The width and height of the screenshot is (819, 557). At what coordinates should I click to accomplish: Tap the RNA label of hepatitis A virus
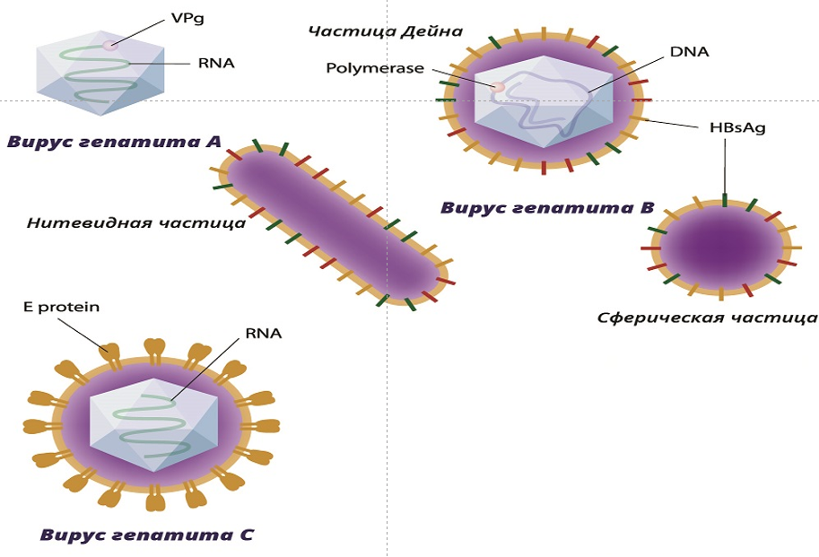(x=215, y=64)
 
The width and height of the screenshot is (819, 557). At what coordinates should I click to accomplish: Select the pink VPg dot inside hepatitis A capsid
(x=109, y=45)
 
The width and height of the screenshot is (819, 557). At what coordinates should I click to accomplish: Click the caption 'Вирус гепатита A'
(x=114, y=141)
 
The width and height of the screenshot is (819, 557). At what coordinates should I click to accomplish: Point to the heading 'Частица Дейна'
(x=385, y=31)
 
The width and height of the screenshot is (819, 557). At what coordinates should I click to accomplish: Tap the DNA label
(x=689, y=52)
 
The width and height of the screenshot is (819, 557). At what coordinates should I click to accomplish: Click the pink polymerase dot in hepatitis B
(x=496, y=87)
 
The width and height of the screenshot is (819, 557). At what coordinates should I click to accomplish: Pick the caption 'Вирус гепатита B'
(x=546, y=208)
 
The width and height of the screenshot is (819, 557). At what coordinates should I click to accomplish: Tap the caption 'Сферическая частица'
(x=707, y=318)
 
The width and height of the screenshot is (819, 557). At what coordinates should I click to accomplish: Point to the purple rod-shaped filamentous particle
(x=332, y=224)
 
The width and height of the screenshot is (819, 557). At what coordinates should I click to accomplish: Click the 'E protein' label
(x=61, y=308)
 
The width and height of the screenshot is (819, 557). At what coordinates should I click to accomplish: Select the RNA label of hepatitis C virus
(x=263, y=334)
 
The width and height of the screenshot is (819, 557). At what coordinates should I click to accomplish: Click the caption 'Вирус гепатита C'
(x=147, y=535)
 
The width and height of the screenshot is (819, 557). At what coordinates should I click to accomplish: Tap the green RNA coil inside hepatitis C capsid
(x=152, y=422)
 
